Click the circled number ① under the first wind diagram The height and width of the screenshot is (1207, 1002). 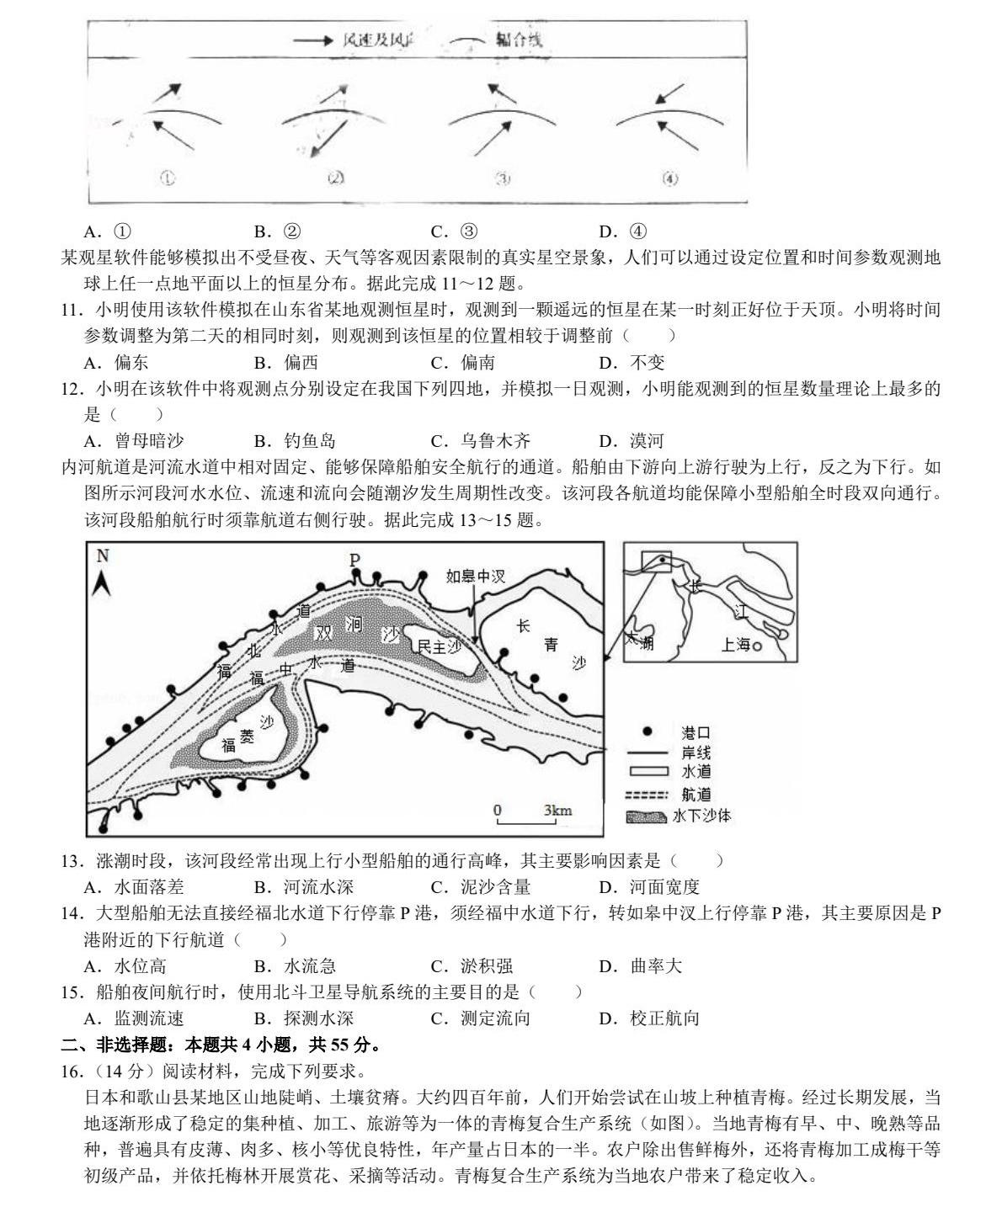tap(168, 178)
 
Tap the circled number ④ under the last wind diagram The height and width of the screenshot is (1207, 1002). tap(670, 178)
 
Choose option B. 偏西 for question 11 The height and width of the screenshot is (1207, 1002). tap(286, 362)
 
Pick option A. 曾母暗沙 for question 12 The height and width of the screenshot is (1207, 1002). tap(135, 440)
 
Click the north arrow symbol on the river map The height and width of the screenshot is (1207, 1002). tap(103, 577)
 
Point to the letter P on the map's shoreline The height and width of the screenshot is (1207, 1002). tap(354, 560)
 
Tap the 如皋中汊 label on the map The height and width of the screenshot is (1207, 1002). tap(476, 577)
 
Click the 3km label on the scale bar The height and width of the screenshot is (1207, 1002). tap(557, 811)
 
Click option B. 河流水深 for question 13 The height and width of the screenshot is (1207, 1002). tap(303, 886)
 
